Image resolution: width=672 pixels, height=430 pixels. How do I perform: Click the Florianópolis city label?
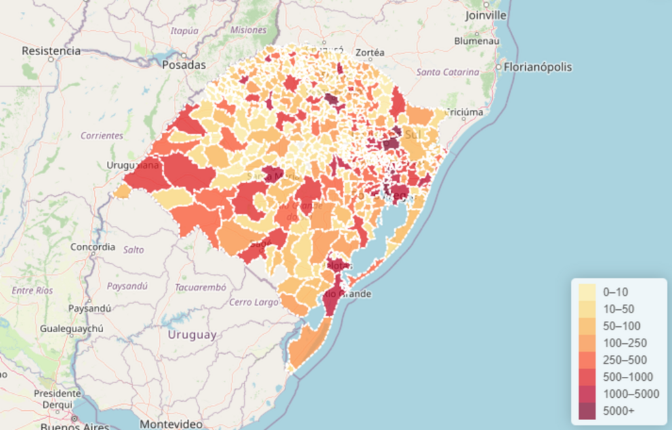point(538,67)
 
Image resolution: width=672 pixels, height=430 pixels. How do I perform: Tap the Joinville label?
point(486,15)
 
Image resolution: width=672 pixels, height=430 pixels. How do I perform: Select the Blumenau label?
point(476,41)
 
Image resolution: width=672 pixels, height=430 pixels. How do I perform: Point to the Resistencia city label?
point(51,51)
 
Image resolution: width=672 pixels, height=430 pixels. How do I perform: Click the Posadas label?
point(184,65)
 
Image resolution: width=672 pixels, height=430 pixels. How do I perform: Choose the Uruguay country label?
point(192,335)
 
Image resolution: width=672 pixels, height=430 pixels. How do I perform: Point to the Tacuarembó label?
point(200,288)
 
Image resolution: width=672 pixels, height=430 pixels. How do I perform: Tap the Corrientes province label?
point(102,135)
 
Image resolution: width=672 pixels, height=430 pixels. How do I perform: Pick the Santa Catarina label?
point(448,72)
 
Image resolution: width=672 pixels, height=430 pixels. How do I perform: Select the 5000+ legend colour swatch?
point(588,411)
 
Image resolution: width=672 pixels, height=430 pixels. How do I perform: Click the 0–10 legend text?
point(616,291)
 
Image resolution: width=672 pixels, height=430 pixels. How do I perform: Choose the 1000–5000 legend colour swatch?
point(588,394)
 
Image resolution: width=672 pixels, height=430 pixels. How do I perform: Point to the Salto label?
point(133,249)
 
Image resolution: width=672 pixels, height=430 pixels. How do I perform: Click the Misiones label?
point(249,30)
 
